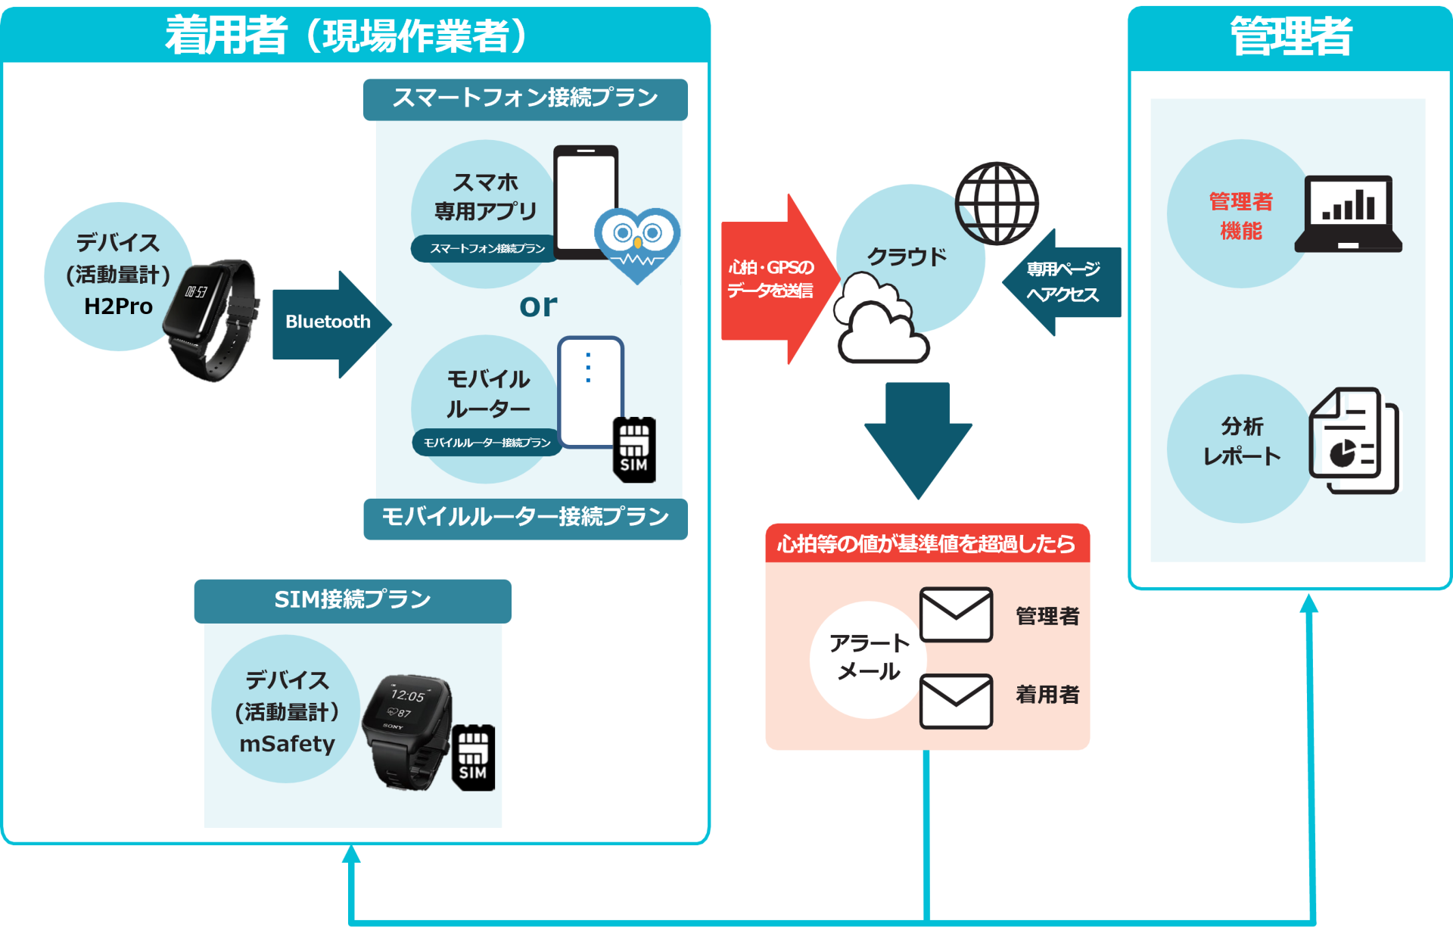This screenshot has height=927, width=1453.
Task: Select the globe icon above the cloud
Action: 997,203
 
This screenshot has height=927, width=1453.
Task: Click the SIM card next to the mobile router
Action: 634,450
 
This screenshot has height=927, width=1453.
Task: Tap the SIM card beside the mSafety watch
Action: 473,757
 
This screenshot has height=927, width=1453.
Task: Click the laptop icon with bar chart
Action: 1348,214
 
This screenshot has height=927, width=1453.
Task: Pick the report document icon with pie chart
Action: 1353,440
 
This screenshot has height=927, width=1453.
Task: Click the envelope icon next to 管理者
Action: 956,614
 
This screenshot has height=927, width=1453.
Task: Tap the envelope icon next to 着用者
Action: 956,701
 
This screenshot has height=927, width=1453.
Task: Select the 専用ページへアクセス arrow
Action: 1062,282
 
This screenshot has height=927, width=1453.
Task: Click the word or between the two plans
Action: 538,305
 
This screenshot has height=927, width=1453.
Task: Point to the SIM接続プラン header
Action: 353,600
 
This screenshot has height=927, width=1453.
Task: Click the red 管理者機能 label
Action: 1240,216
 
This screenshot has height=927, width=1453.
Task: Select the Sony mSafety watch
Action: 406,730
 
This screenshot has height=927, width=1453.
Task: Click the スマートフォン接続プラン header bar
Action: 525,98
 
